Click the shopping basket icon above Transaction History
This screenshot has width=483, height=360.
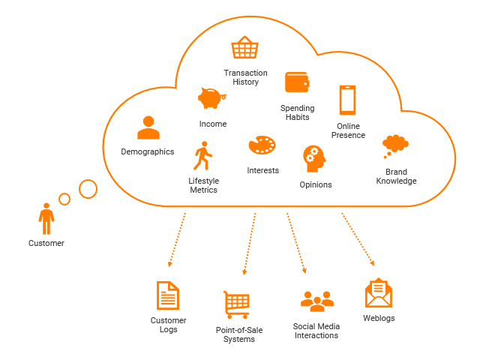tap(244, 49)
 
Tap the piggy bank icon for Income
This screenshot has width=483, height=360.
tap(211, 97)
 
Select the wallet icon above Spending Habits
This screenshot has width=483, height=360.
tap(297, 82)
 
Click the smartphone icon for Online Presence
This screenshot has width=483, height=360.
tap(347, 100)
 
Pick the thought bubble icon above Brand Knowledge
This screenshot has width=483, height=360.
tap(395, 144)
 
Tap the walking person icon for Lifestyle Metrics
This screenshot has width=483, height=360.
tap(202, 156)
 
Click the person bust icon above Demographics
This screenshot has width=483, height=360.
tap(148, 127)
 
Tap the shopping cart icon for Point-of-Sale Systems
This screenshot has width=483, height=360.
tap(236, 304)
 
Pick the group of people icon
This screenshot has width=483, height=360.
tap(316, 301)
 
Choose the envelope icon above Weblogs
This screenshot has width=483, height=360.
tap(379, 294)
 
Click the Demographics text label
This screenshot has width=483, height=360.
tap(147, 151)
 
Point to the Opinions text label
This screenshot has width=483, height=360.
tap(315, 184)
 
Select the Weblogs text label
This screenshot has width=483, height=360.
tap(379, 318)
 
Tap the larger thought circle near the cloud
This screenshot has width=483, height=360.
tap(88, 189)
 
